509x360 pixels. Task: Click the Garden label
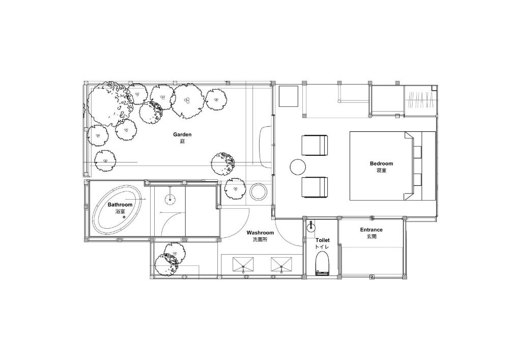click(182, 134)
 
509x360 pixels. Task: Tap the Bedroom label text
click(381, 163)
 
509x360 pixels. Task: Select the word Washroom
click(260, 233)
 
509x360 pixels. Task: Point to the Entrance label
click(372, 230)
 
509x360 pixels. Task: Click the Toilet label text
click(322, 240)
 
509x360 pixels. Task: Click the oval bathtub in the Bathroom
click(117, 209)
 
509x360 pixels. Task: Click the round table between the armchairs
click(298, 167)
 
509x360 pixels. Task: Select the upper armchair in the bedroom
click(315, 146)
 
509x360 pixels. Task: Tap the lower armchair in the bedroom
click(315, 187)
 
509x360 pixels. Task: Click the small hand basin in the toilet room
click(311, 226)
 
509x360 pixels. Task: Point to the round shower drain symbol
click(170, 198)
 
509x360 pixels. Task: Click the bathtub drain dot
click(124, 217)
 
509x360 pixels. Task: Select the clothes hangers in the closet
click(421, 100)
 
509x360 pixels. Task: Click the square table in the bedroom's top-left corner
click(289, 96)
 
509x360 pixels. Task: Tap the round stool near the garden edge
click(259, 192)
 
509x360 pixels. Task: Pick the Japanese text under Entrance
click(372, 237)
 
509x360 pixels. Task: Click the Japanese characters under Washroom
click(260, 240)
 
